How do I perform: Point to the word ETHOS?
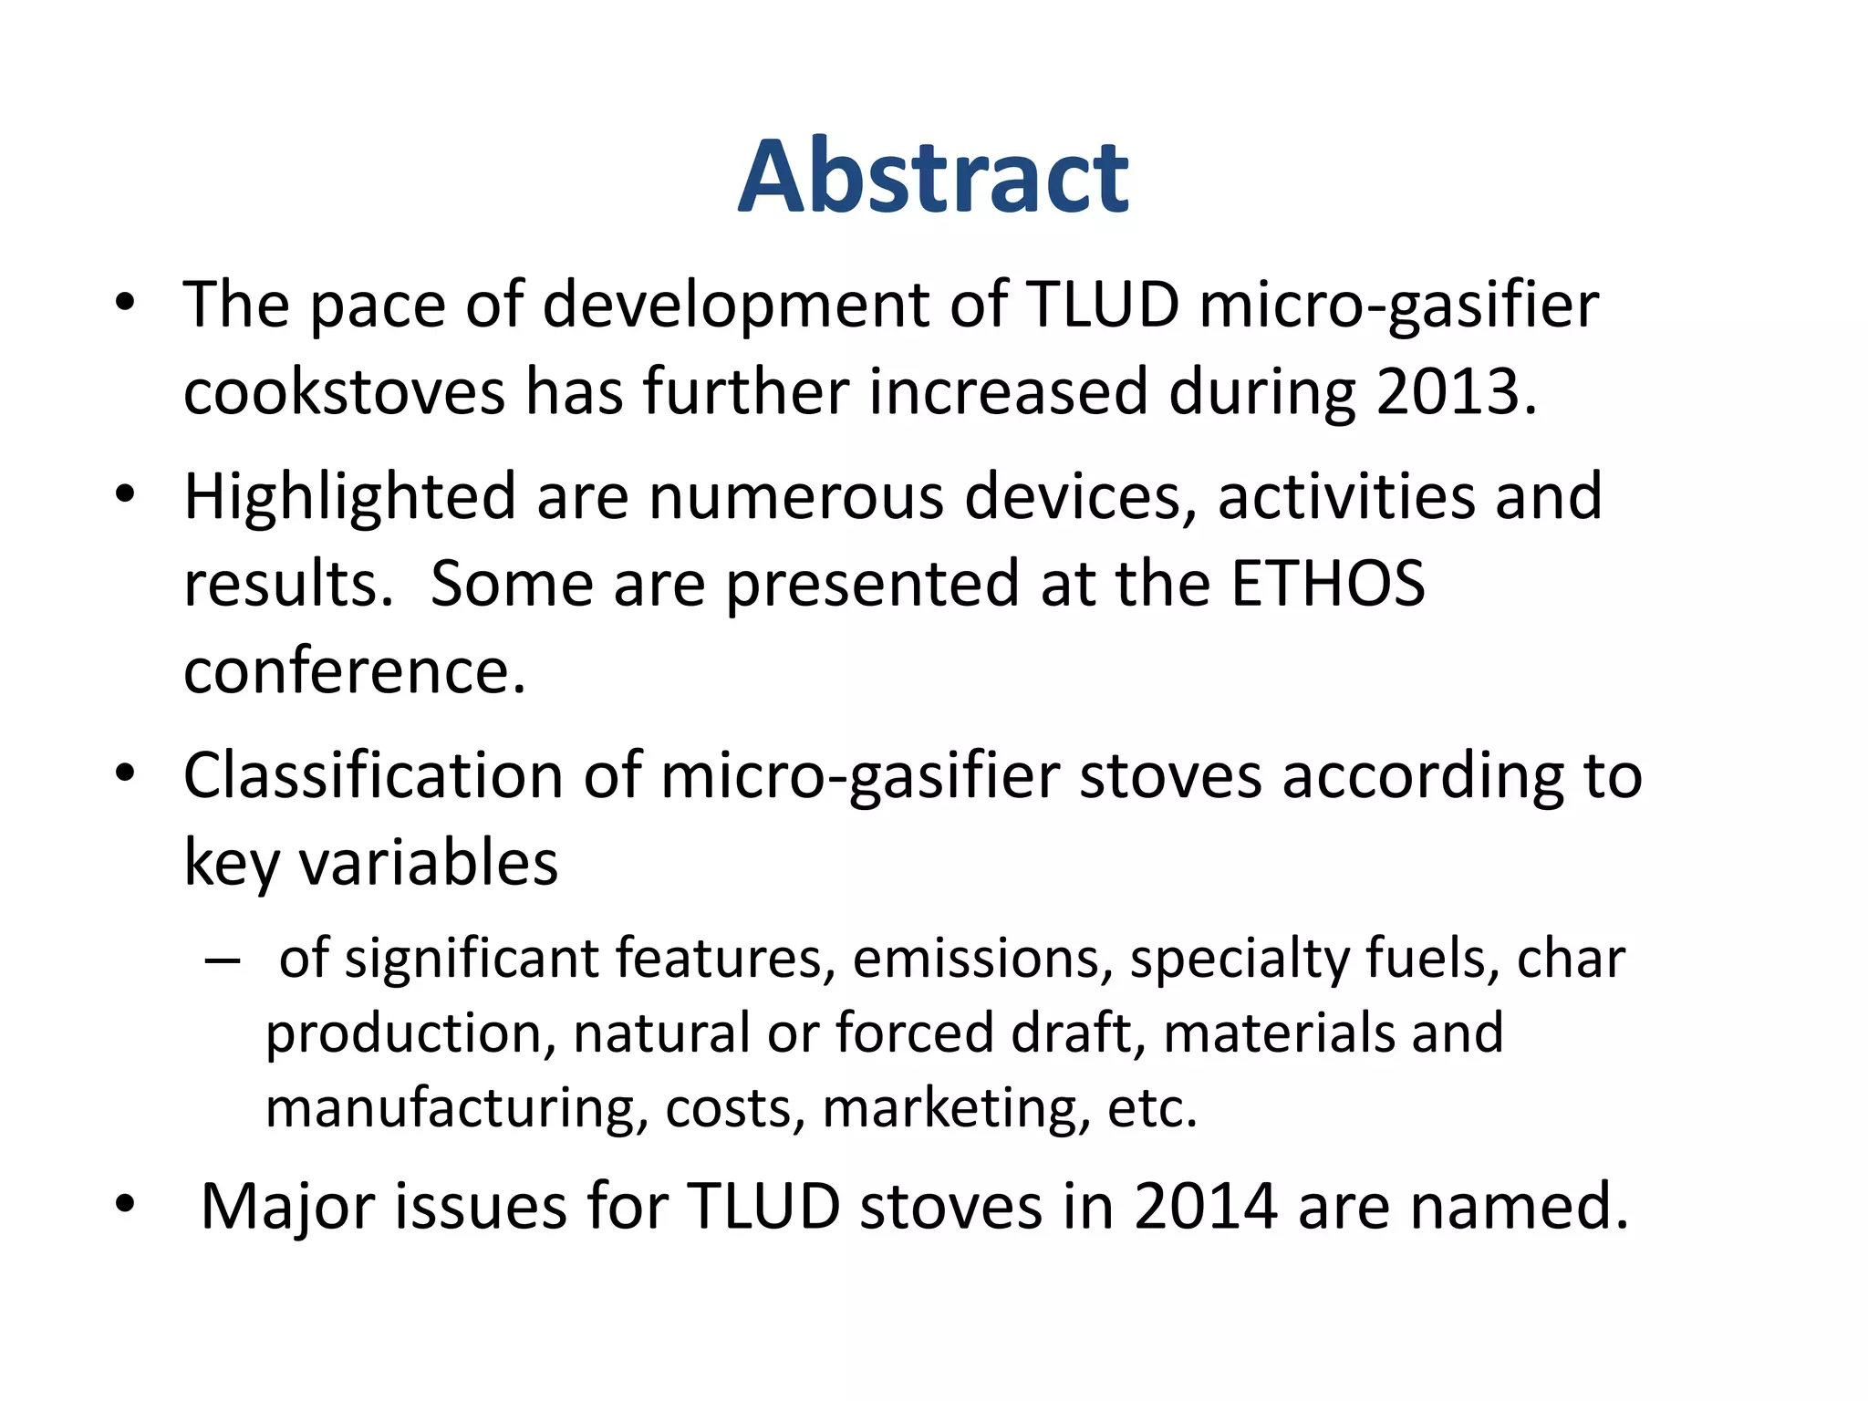point(1327,584)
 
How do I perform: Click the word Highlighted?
point(350,498)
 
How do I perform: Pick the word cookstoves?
point(344,392)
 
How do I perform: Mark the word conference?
point(355,671)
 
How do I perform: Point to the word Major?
point(286,1206)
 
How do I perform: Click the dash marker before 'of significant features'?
point(223,960)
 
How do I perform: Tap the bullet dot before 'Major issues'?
point(126,1204)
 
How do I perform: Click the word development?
point(736,305)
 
